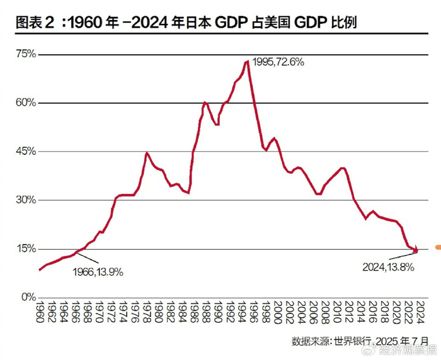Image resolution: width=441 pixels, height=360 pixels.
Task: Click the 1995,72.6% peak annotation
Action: click(x=278, y=62)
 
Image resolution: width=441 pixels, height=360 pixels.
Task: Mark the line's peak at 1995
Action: click(x=246, y=61)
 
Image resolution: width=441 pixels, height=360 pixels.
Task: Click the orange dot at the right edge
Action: click(x=438, y=247)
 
